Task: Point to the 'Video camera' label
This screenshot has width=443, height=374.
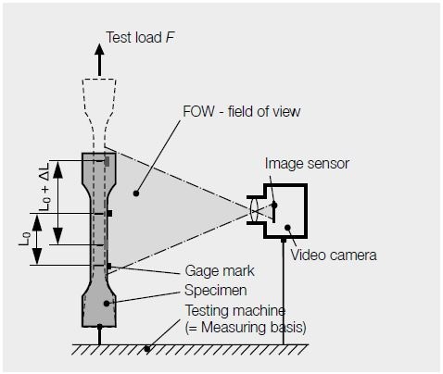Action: [x=334, y=254]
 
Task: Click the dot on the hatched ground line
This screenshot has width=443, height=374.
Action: [x=146, y=349]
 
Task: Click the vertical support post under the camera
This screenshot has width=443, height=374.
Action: [x=283, y=292]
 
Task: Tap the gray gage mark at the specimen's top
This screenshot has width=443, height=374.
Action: [x=109, y=162]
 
